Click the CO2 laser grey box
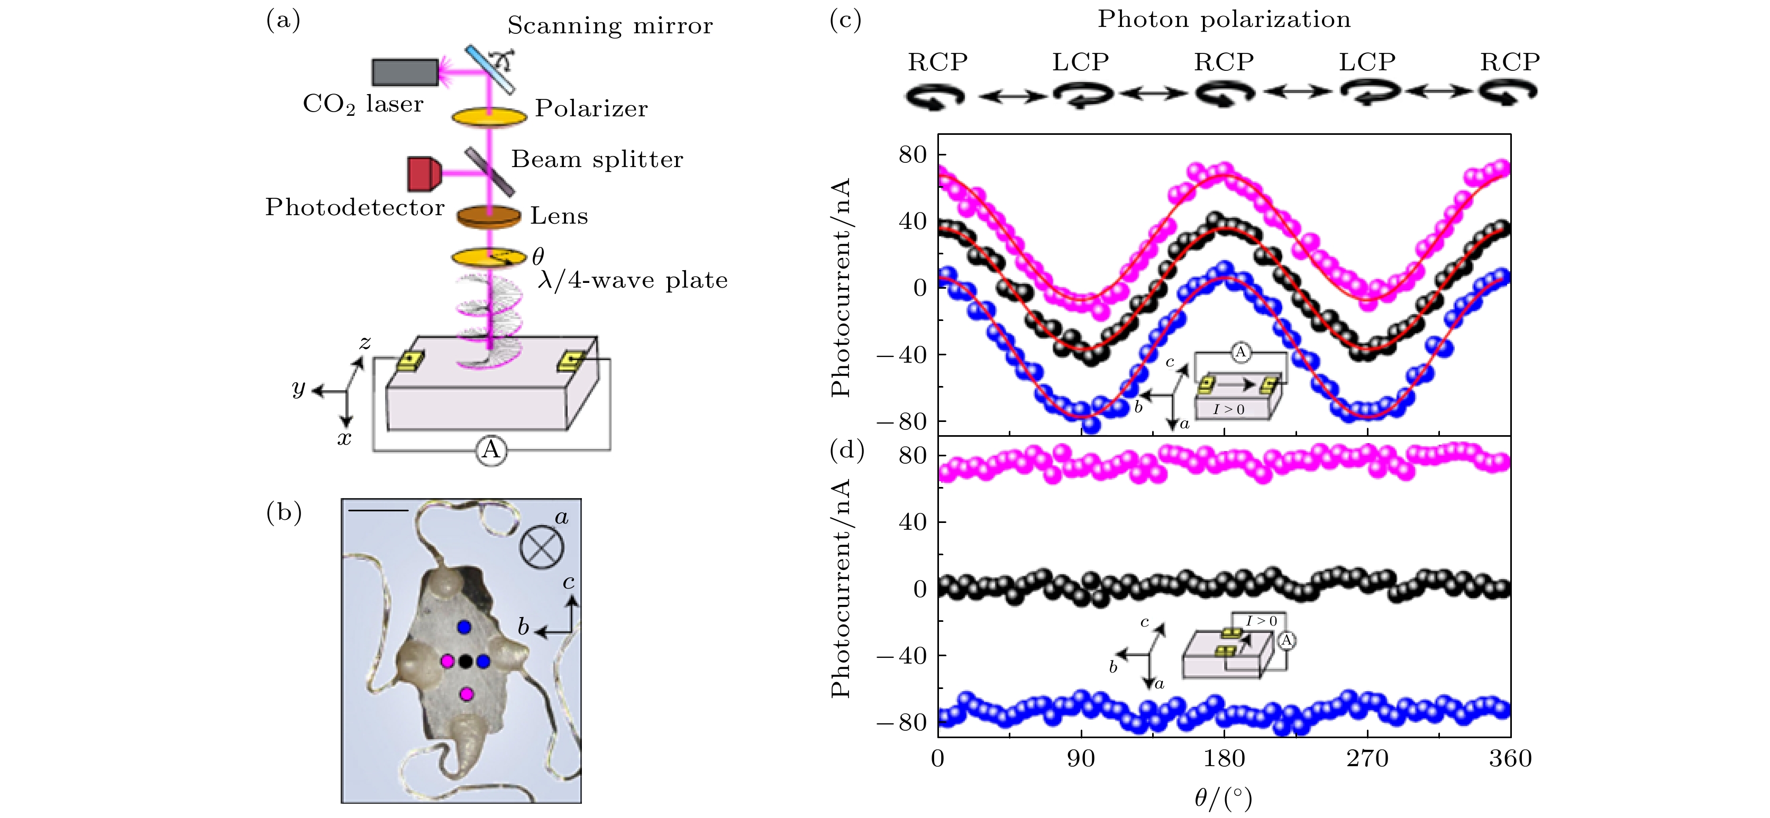click(405, 72)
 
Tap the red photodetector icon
click(423, 174)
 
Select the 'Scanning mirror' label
click(609, 26)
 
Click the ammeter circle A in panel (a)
click(490, 450)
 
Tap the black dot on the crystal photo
click(465, 661)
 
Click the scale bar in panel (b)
click(377, 510)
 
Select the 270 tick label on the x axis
click(1367, 759)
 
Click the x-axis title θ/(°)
click(1223, 798)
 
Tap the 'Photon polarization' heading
click(1224, 19)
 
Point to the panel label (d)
click(846, 450)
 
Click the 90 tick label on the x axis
click(1081, 759)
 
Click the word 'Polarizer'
click(591, 108)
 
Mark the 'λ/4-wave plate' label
click(632, 280)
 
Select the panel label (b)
click(284, 513)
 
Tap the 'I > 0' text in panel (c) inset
click(1228, 409)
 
